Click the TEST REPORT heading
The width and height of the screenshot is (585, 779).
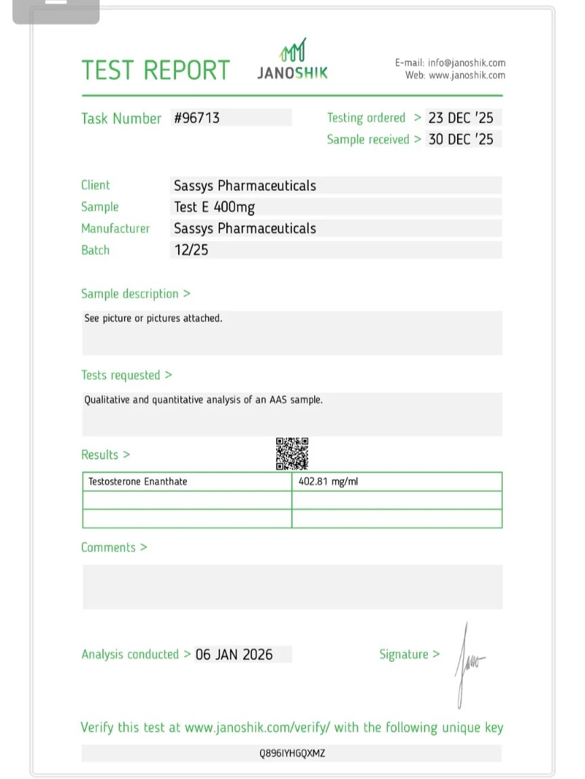(x=156, y=70)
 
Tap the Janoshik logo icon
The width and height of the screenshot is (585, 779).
(x=294, y=51)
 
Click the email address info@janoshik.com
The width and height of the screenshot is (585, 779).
(x=467, y=63)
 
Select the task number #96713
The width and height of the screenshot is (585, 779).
(x=197, y=118)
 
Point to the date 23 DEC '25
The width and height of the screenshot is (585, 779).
(x=460, y=118)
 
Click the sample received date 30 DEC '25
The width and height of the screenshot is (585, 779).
(x=460, y=139)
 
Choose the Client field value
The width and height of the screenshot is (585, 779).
(x=245, y=185)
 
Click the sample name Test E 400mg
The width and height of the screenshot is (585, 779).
(x=215, y=207)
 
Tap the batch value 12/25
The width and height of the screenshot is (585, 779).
(x=191, y=250)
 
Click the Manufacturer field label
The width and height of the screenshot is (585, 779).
(x=115, y=229)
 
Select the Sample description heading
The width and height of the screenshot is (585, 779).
(x=135, y=294)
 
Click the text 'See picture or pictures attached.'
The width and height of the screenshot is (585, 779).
(x=153, y=318)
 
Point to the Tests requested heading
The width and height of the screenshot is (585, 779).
(x=127, y=375)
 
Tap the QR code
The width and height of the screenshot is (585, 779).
(x=292, y=453)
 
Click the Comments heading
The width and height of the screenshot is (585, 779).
(x=114, y=548)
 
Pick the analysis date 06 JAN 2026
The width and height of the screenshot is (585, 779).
(x=234, y=654)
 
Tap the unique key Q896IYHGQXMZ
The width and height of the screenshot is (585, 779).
(x=292, y=753)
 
